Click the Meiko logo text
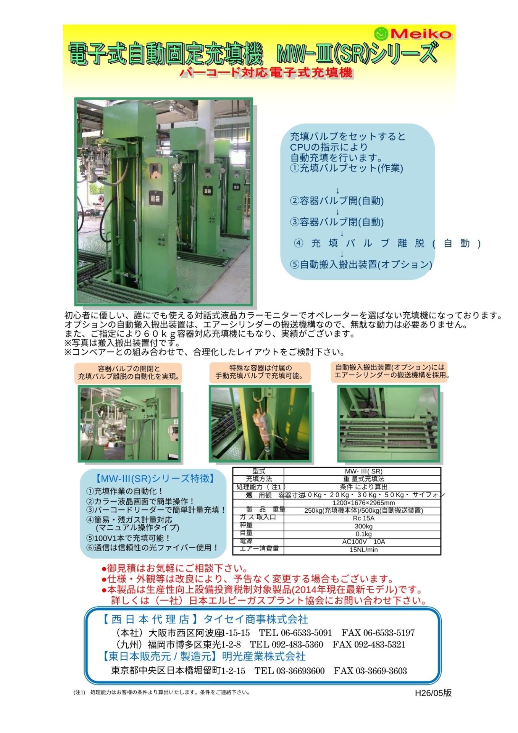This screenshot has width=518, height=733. [421, 34]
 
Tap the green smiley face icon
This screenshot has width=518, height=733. [381, 34]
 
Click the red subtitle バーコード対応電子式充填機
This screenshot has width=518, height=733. [266, 73]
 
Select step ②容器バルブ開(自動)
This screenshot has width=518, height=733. [337, 201]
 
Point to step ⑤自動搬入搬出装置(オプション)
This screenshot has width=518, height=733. [361, 264]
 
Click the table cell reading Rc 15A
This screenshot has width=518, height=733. [363, 518]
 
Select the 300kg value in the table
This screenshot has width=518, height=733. [363, 526]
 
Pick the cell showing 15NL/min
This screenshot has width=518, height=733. [363, 550]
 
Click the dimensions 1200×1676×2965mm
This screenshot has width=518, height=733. [363, 503]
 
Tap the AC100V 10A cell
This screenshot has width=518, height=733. [363, 542]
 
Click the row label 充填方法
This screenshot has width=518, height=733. [259, 479]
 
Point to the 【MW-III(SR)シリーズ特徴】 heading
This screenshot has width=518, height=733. [155, 478]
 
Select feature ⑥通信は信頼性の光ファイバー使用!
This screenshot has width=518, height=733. [152, 547]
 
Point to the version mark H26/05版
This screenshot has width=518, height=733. [433, 693]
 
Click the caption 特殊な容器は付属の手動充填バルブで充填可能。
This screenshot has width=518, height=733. [260, 372]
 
